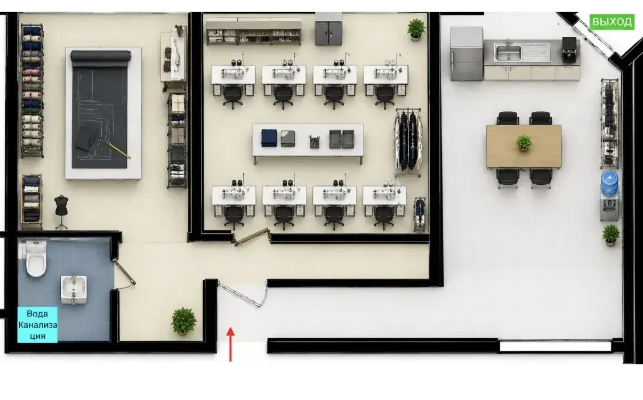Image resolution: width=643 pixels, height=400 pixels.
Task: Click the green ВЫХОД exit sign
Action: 612,22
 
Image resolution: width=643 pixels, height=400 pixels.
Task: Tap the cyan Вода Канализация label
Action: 37,324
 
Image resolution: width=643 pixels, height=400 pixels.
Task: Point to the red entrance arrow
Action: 230,345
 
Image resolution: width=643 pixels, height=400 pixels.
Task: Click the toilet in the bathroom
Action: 36,258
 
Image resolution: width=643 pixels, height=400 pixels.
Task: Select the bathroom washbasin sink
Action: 74,289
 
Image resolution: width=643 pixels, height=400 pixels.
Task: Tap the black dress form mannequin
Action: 61,211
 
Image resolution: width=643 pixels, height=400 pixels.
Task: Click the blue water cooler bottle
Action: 609,184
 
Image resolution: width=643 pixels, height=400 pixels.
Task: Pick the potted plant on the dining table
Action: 524,143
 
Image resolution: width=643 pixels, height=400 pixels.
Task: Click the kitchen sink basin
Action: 508,52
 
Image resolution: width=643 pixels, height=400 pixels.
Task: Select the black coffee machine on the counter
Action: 569,50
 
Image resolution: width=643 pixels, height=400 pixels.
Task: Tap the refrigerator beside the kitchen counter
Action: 467,54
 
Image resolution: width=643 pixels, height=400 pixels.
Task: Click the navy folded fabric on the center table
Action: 269,138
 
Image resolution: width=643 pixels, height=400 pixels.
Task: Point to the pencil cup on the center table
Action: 315,142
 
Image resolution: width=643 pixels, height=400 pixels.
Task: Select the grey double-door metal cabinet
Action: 328,29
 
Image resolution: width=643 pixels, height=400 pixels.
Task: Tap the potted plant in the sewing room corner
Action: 416,29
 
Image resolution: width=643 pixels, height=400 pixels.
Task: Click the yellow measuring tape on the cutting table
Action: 118,149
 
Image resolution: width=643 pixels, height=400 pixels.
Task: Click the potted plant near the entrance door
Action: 184,321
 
